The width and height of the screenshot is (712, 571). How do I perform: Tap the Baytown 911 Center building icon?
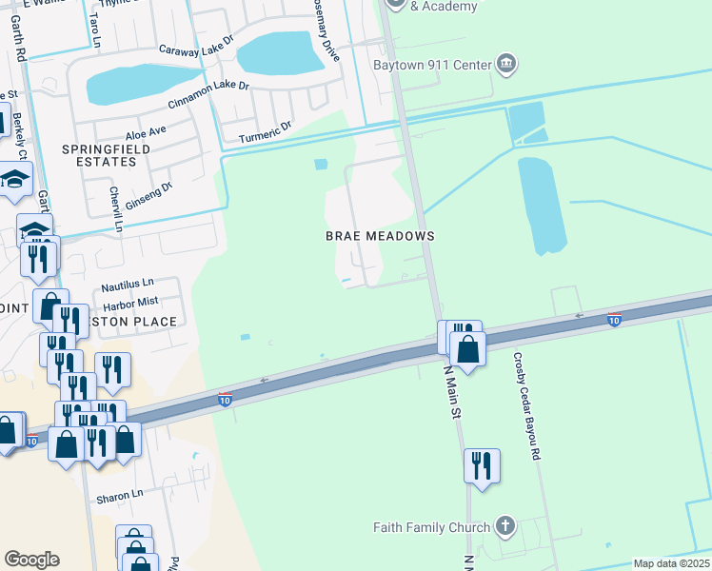(506, 65)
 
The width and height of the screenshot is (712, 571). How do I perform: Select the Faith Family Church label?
(432, 527)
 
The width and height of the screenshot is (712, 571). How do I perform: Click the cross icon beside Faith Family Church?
(505, 526)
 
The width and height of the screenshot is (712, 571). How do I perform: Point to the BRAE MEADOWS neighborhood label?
(380, 236)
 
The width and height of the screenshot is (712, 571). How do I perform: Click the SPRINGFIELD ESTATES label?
(99, 156)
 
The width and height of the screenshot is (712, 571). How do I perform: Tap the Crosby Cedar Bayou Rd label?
(525, 408)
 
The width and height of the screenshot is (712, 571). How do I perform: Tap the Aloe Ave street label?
(146, 129)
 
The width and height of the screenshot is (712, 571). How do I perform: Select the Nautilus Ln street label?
(128, 285)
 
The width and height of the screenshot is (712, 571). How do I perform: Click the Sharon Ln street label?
(119, 496)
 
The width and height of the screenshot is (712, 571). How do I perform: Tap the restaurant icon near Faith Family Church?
(482, 465)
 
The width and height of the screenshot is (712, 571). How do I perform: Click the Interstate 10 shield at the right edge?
(615, 320)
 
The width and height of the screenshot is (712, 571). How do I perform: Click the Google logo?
(31, 560)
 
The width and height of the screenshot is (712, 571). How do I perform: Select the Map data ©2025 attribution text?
(672, 563)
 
